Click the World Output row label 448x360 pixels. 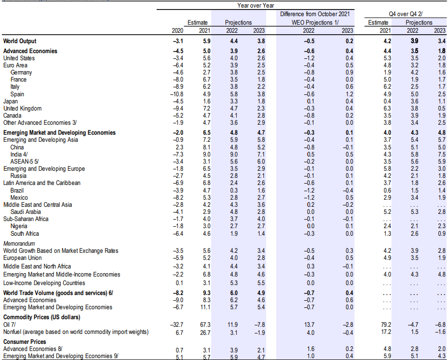pyautogui.click(x=20, y=41)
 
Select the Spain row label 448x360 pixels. pyautogui.click(x=17, y=94)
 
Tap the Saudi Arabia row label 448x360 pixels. pyautogui.click(x=26, y=212)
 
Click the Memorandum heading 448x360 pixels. pyautogui.click(x=19, y=243)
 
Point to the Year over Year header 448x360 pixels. pyautogui.click(x=255, y=5)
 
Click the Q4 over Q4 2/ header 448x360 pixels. pyautogui.click(x=405, y=14)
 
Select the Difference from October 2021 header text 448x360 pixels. pyautogui.click(x=315, y=14)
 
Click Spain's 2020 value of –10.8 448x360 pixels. pyautogui.click(x=177, y=94)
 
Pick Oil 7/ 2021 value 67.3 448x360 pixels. pyautogui.click(x=205, y=324)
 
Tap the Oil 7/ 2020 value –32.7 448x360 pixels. pyautogui.click(x=177, y=324)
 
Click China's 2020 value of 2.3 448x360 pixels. pyautogui.click(x=179, y=148)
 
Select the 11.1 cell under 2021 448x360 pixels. pyautogui.click(x=205, y=307)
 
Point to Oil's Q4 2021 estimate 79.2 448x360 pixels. pyautogui.click(x=386, y=324)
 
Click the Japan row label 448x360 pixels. pyautogui.click(x=10, y=102)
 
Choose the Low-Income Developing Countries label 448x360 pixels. pyautogui.click(x=44, y=283)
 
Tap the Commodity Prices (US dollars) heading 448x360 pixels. pyautogui.click(x=42, y=317)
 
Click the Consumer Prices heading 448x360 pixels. pyautogui.click(x=25, y=342)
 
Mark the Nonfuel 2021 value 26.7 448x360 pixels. pyautogui.click(x=205, y=332)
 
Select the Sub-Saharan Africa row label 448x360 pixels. pyautogui.click(x=26, y=219)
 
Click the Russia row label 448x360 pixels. pyautogui.click(x=19, y=176)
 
